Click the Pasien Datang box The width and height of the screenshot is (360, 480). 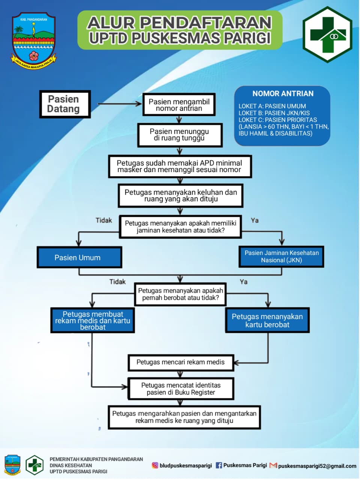tap(65, 104)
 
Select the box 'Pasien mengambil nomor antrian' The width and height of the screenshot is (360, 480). tap(179, 105)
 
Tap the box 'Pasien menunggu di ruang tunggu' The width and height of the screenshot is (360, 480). tap(180, 135)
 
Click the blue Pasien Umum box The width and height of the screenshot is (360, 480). tap(79, 258)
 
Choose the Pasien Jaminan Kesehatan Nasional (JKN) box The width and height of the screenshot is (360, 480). tap(281, 256)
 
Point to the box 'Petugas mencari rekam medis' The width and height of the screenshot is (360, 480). tap(180, 362)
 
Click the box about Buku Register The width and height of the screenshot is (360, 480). tap(181, 389)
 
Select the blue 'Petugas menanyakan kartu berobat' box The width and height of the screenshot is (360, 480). tap(267, 321)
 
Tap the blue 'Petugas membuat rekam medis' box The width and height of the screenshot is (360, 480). tap(93, 321)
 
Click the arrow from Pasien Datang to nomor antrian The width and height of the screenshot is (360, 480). tap(119, 104)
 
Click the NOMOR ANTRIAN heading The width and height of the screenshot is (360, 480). tap(283, 94)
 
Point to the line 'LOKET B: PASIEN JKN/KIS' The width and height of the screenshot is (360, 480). tap(274, 113)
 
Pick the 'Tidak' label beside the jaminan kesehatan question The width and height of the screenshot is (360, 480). tap(104, 220)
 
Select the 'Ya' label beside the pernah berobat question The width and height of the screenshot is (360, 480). tap(243, 282)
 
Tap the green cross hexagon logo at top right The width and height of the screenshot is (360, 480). tap(327, 34)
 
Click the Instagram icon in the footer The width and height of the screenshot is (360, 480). tap(155, 465)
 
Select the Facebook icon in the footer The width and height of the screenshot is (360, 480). tap(219, 465)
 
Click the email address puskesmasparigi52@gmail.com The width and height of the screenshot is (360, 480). tap(317, 466)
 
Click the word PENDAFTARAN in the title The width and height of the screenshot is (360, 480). tap(205, 23)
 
